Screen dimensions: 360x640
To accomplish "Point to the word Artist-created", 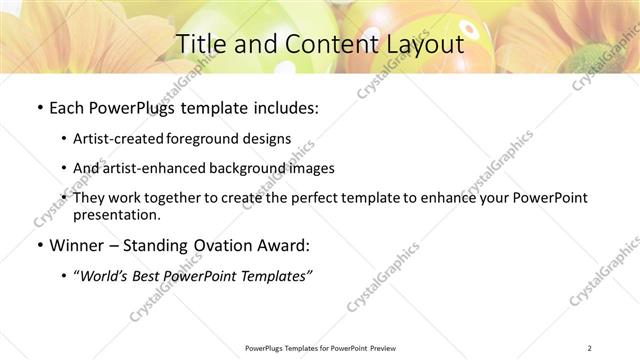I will (x=124, y=139).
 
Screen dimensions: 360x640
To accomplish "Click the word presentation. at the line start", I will (x=116, y=215).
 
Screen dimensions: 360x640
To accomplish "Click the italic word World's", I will (x=107, y=275).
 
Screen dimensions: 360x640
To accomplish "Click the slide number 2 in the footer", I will (x=591, y=347).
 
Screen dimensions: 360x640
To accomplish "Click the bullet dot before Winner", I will (x=39, y=246).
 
